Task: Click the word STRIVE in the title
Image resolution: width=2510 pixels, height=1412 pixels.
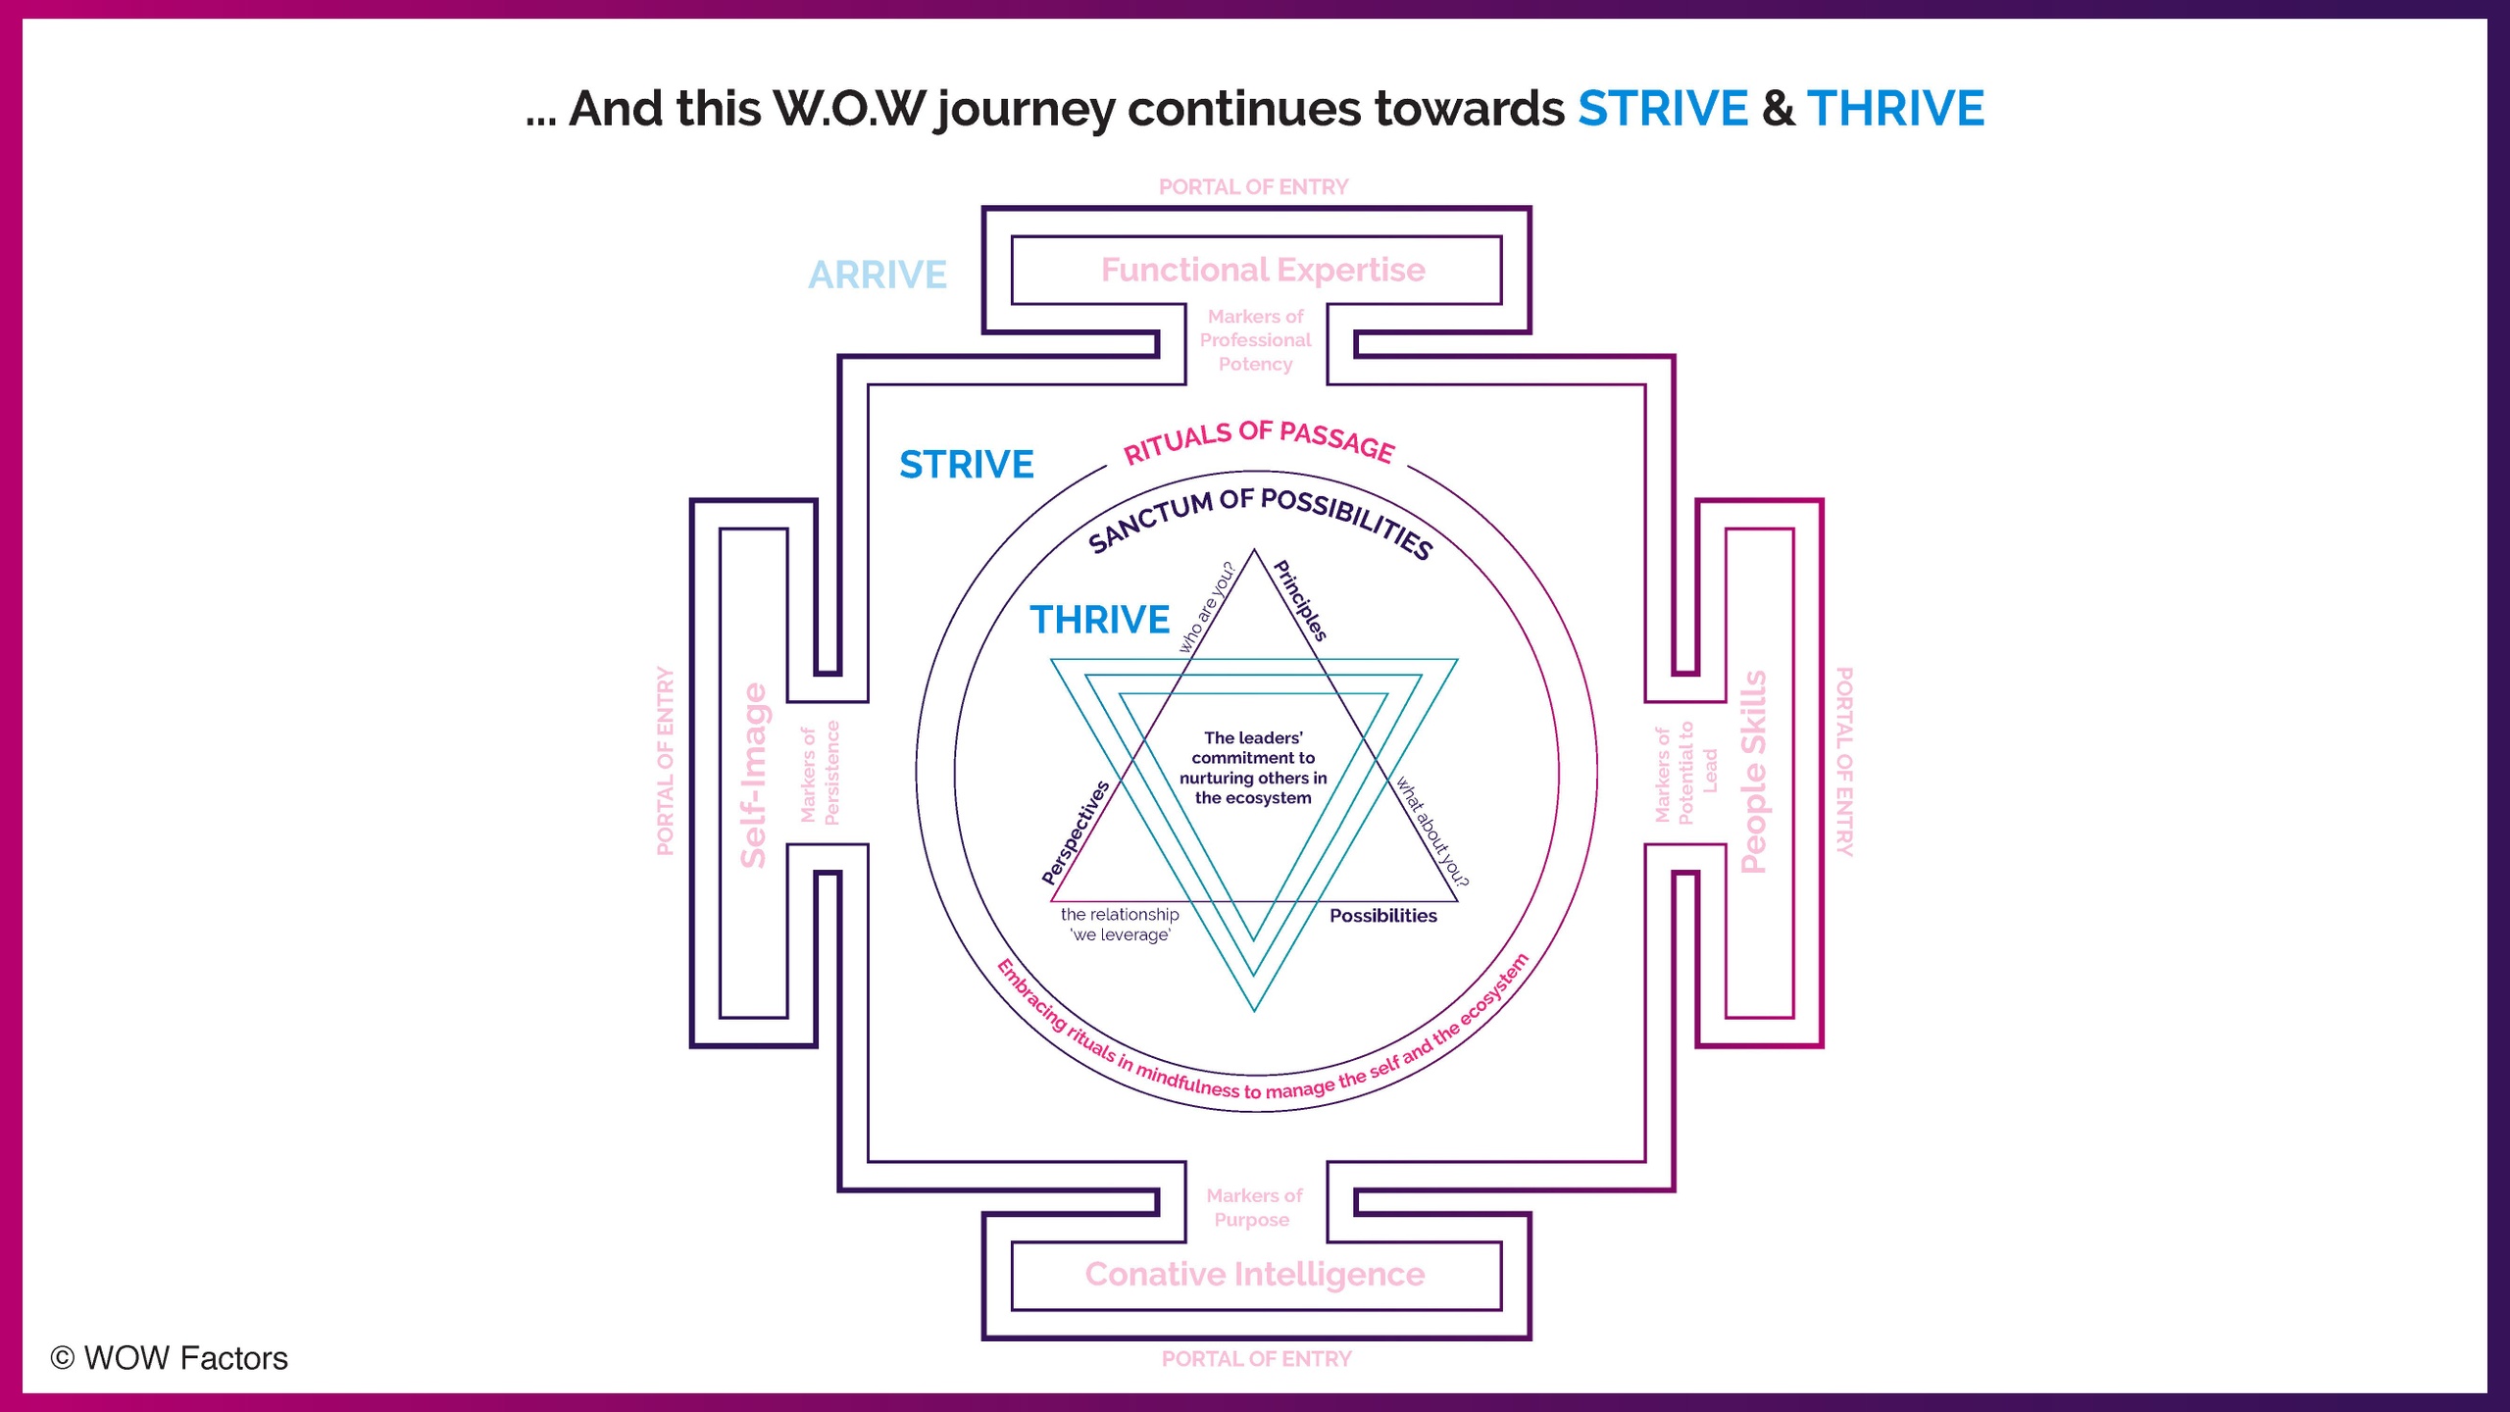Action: click(1662, 108)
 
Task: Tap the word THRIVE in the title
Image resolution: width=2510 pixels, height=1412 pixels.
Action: click(1895, 108)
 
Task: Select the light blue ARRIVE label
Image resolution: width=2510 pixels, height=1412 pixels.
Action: click(878, 275)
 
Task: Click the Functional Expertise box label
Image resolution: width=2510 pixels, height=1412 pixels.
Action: click(1263, 270)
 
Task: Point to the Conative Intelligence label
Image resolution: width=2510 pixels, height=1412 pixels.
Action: click(1255, 1274)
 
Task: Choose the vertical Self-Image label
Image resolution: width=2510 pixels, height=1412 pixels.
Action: click(753, 775)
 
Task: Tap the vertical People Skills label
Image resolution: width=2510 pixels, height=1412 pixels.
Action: click(1753, 772)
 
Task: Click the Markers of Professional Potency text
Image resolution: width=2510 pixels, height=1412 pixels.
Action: click(1255, 340)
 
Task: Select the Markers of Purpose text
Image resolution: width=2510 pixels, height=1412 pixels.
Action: click(1253, 1207)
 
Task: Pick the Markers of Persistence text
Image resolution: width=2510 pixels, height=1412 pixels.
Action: click(820, 774)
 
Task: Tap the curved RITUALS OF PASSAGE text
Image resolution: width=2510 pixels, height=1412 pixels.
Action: click(1258, 440)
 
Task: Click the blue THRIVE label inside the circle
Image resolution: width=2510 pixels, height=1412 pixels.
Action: click(1099, 620)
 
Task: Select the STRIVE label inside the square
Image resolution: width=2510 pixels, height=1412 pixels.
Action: click(967, 465)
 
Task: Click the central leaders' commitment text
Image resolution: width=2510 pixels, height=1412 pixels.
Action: click(1253, 768)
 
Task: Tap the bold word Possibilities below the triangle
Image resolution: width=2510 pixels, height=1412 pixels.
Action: click(1382, 916)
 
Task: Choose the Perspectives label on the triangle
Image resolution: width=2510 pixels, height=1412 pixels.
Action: click(1076, 832)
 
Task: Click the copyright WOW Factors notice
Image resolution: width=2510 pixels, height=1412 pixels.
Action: click(170, 1358)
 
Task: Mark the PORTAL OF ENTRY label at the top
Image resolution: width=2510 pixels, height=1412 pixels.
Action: click(1253, 186)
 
